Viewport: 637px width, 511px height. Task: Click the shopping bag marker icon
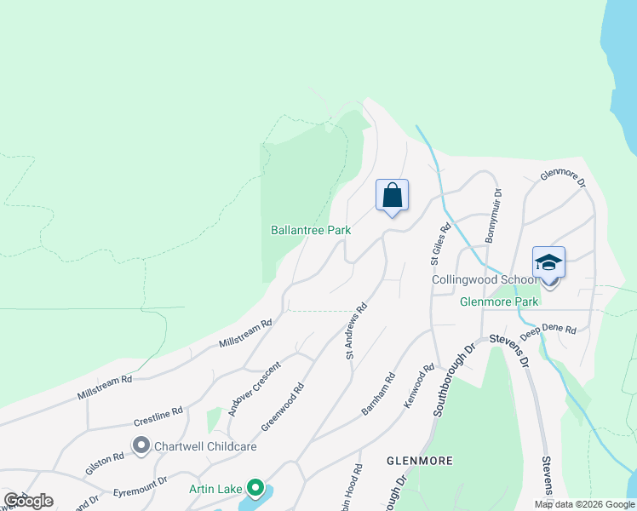point(392,195)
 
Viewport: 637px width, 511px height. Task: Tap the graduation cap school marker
point(548,263)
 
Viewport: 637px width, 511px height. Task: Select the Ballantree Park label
point(311,230)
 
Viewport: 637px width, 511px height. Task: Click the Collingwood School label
point(484,279)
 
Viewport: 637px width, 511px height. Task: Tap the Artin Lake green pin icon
point(255,489)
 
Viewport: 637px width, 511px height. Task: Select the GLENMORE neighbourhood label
point(419,460)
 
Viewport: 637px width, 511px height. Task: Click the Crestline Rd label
point(158,416)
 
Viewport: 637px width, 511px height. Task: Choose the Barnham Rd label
point(378,393)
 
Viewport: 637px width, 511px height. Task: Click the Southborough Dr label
point(453,380)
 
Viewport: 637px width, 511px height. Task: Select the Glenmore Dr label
point(564,179)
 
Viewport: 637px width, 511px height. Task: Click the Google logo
point(28,501)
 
